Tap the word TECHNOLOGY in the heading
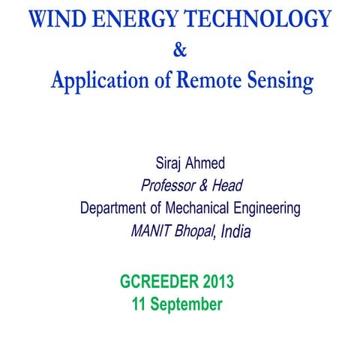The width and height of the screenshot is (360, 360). [x=260, y=18]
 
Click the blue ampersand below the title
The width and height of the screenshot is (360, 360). [x=178, y=51]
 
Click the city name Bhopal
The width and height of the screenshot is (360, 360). [x=195, y=232]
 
